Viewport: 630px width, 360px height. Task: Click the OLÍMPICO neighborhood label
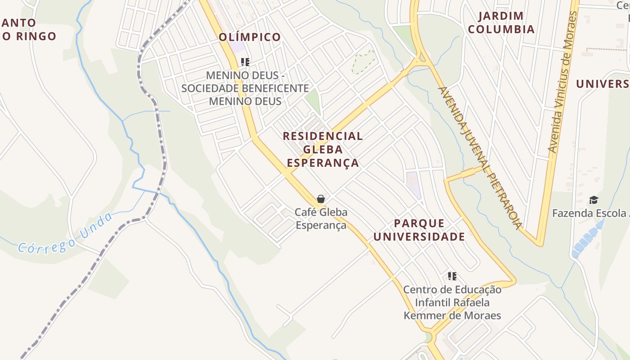250,37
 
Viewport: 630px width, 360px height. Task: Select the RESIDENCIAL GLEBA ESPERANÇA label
323,149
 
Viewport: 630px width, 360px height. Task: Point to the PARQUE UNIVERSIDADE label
419,230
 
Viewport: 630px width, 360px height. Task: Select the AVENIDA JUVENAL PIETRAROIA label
481,157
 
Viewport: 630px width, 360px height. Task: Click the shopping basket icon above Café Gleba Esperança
321,198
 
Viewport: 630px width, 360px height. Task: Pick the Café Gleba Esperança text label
321,218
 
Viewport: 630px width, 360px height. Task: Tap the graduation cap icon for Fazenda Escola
594,200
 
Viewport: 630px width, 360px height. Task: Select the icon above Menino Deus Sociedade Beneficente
245,62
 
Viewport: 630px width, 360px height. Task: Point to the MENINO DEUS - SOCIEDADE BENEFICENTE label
245,88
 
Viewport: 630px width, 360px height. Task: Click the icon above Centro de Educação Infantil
452,276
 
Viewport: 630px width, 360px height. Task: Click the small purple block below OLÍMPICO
238,47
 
